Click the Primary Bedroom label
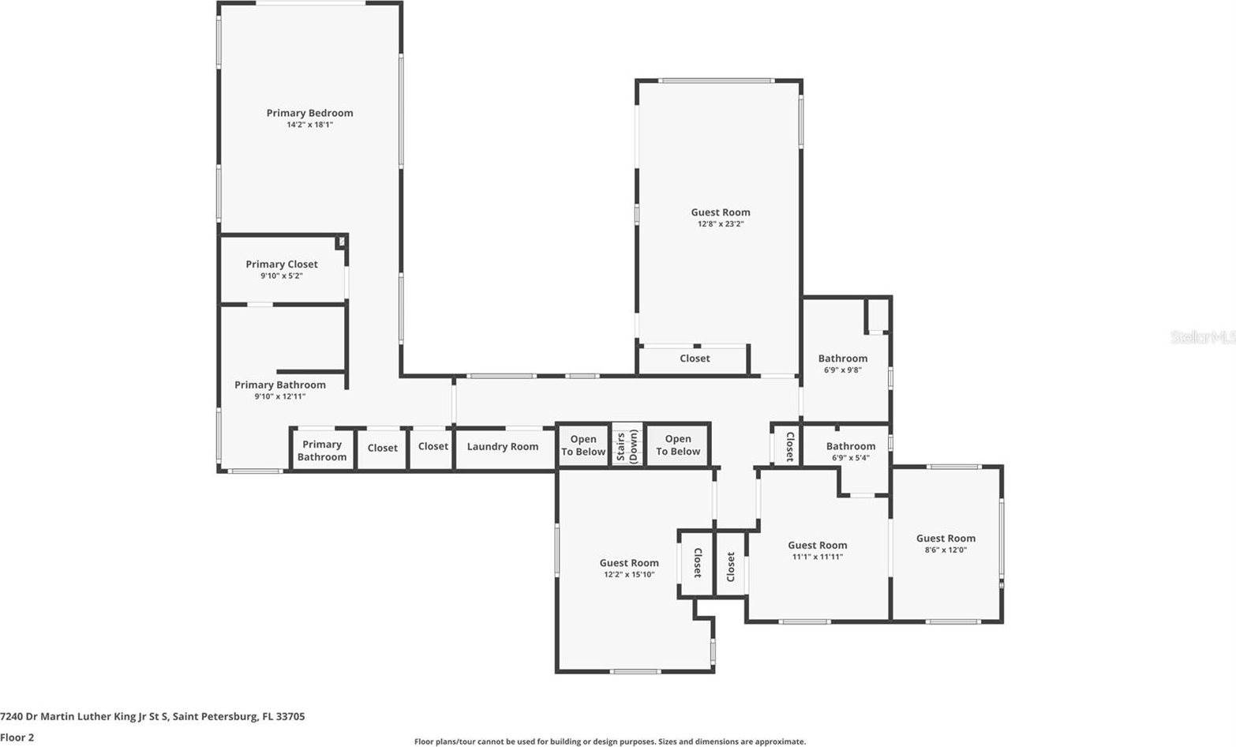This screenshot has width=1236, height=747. [x=309, y=113]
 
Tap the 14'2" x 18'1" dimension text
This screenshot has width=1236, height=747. [x=309, y=125]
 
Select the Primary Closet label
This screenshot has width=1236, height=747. [x=282, y=264]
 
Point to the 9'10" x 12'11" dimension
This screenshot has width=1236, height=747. [x=279, y=396]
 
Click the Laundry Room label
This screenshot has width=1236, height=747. [x=503, y=447]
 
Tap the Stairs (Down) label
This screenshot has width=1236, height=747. [x=627, y=447]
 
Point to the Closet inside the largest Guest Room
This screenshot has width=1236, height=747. [x=695, y=358]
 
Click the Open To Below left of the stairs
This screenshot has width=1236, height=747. [x=583, y=445]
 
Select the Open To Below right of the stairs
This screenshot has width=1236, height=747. [x=678, y=445]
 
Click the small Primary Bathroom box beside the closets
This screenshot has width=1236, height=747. [x=322, y=451]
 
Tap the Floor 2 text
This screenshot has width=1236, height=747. [x=17, y=738]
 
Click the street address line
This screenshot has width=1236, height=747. [x=152, y=717]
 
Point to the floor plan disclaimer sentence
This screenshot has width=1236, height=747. [x=610, y=741]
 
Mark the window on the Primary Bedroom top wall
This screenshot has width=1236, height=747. [x=310, y=3]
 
